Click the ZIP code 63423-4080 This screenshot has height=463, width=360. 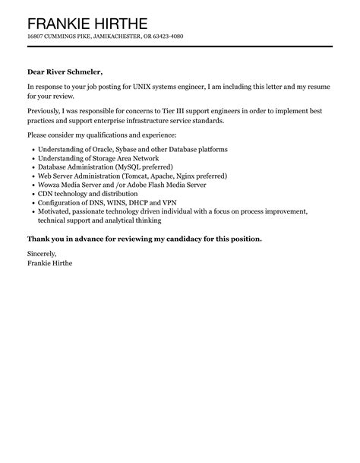click(166, 36)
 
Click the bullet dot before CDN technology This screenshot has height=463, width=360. click(30, 194)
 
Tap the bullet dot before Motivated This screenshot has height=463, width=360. click(30, 212)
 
